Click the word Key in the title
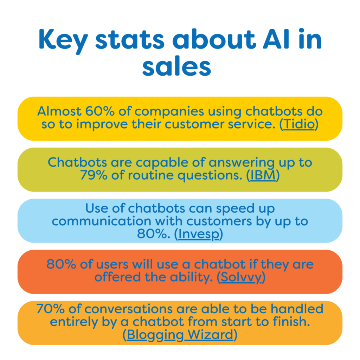tap(64, 41)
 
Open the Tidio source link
tap(299, 124)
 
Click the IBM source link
tap(263, 175)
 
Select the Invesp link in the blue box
tap(199, 234)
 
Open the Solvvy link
tap(241, 277)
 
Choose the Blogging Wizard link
tap(180, 335)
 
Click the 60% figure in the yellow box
tap(99, 111)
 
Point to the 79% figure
tap(94, 175)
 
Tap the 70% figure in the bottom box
tap(51, 309)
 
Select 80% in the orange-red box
tap(61, 264)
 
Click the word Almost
tap(59, 111)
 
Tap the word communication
tap(102, 221)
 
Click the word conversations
tap(128, 309)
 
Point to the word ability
tap(190, 277)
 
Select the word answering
tap(242, 162)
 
